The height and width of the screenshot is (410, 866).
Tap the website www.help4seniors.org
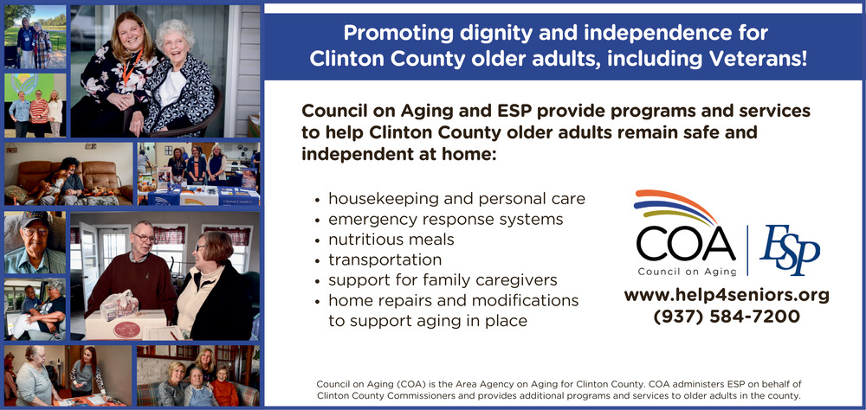[x=727, y=296]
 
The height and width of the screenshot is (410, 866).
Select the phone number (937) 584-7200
[x=727, y=317]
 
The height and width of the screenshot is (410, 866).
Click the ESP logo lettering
[x=790, y=249]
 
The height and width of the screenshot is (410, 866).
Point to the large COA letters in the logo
[x=685, y=243]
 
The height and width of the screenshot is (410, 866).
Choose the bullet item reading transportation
[x=385, y=259]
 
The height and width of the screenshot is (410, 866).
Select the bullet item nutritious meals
[x=391, y=240]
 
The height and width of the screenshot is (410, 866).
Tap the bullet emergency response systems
[x=446, y=220]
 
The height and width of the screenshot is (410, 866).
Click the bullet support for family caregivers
[x=443, y=279]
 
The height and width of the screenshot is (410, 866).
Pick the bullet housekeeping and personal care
[x=456, y=199]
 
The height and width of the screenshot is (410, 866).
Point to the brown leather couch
[x=68, y=176]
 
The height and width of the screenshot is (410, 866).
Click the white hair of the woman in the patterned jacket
[x=175, y=35]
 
